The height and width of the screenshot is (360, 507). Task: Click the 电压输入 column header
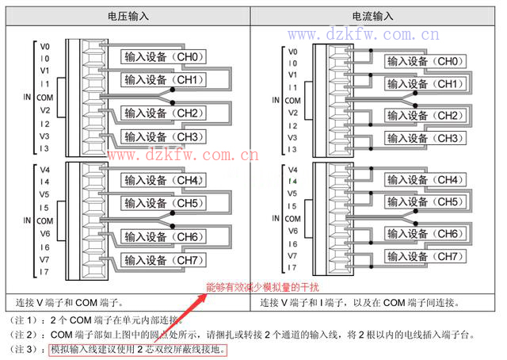pos(128,15)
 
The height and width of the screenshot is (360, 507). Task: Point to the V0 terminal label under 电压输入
pos(44,46)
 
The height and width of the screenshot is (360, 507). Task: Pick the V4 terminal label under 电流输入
pos(292,170)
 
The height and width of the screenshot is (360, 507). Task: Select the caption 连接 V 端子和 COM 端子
pos(70,302)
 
